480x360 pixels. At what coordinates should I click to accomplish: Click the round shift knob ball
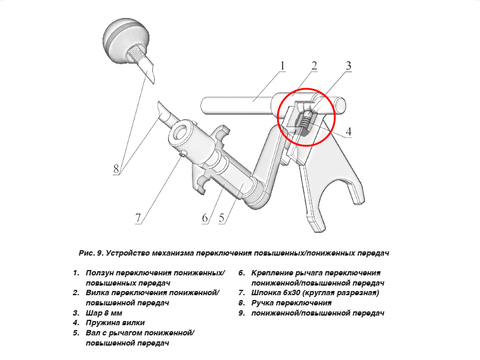[x=126, y=41]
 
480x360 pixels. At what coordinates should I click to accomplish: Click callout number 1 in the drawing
[x=282, y=66]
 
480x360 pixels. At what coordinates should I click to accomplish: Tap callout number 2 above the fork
[x=314, y=66]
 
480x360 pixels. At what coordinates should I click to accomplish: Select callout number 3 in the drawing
[x=348, y=66]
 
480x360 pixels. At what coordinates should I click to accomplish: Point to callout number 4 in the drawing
[x=349, y=131]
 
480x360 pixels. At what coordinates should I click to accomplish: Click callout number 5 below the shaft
[x=222, y=218]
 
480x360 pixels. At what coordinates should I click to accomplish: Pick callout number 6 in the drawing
[x=205, y=218]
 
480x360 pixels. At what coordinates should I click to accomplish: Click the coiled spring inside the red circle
[x=305, y=122]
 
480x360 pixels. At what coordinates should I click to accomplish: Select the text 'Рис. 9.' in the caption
[x=91, y=253]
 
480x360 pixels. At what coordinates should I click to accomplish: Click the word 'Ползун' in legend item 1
[x=97, y=273]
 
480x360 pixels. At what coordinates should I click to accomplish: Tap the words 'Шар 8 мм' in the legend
[x=104, y=313]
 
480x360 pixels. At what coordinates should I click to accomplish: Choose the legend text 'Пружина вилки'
[x=115, y=323]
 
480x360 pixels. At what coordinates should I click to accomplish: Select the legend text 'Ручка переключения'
[x=291, y=303]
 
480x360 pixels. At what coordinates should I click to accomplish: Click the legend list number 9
[x=242, y=313]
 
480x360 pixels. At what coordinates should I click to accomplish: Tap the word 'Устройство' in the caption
[x=127, y=253]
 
